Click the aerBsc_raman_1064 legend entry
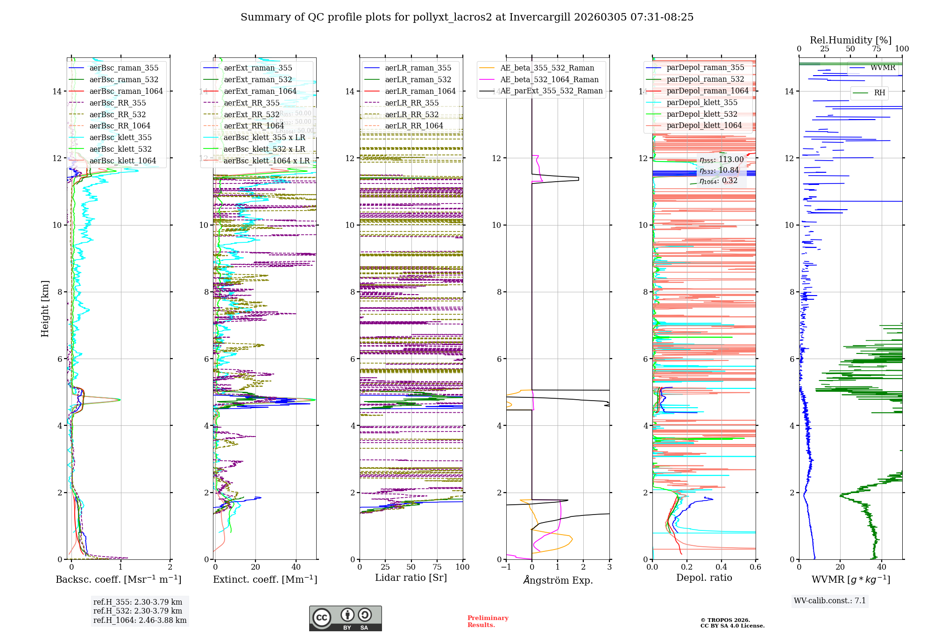[126, 91]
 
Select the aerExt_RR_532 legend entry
[251, 114]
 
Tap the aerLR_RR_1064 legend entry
[414, 126]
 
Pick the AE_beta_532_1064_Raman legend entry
[549, 79]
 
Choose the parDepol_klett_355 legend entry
[702, 102]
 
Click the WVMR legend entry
[883, 68]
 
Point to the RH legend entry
[879, 92]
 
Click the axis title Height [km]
[45, 309]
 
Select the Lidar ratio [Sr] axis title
[411, 578]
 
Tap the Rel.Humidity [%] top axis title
[850, 40]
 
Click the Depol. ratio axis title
[704, 578]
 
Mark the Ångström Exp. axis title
[558, 580]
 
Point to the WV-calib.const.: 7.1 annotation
[830, 600]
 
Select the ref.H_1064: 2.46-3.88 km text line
[140, 620]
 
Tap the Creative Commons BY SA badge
[345, 618]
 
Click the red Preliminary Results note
[488, 621]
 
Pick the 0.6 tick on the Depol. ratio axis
[755, 567]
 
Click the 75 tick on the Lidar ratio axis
[437, 567]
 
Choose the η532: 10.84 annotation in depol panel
[719, 170]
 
